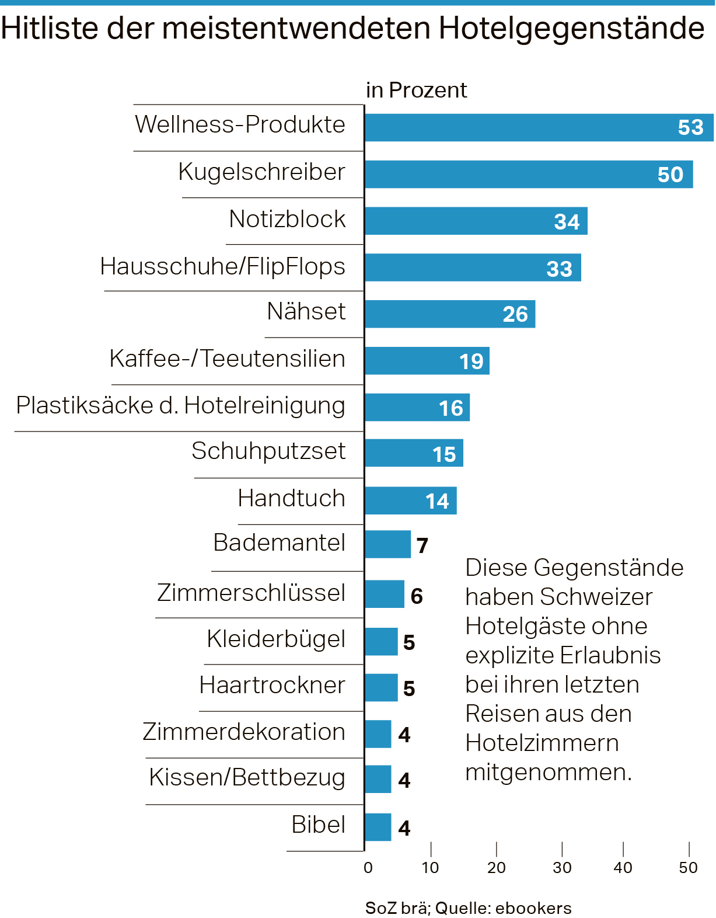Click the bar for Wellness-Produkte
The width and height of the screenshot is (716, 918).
[525, 127]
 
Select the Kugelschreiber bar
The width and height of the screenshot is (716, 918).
[514, 174]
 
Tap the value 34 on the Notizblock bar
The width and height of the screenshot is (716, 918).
[567, 222]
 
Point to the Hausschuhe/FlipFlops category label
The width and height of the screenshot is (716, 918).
[222, 266]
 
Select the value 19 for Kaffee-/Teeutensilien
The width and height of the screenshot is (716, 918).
[471, 361]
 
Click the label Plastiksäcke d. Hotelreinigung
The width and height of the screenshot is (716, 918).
[180, 405]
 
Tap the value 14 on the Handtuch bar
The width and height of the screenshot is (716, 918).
[437, 501]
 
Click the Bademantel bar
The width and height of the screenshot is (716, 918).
[387, 544]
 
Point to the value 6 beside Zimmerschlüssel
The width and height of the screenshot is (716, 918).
[417, 596]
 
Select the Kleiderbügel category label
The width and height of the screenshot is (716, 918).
[276, 639]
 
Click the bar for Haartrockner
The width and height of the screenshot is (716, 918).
[381, 687]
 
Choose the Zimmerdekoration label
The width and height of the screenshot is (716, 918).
[244, 732]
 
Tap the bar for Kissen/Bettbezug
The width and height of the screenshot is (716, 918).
[378, 779]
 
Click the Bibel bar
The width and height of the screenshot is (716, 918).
[378, 827]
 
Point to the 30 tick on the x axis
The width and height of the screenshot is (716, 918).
[562, 867]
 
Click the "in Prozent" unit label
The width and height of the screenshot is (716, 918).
[416, 91]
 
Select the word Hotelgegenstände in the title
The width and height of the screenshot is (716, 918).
[571, 28]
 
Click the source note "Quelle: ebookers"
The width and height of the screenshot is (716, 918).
[503, 908]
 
